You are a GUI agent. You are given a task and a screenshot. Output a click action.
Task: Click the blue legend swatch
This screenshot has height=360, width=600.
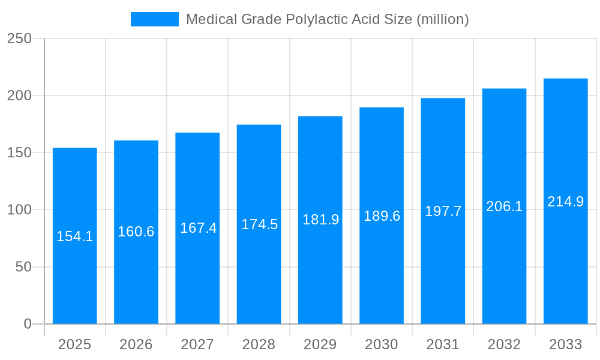tap(155, 19)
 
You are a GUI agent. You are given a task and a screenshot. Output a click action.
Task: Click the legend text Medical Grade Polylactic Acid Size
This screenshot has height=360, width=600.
tap(327, 19)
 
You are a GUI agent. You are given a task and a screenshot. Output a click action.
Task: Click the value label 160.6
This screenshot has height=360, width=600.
tap(136, 232)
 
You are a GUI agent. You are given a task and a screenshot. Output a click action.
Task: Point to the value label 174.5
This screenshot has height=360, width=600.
tap(259, 224)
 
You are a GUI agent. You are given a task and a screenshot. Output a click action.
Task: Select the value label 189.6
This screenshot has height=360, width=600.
tap(382, 216)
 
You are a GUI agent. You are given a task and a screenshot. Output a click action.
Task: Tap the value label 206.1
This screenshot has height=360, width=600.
tap(504, 206)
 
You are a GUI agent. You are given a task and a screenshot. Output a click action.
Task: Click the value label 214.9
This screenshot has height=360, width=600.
tap(566, 202)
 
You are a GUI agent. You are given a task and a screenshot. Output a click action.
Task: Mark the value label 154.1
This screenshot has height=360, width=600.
tap(75, 236)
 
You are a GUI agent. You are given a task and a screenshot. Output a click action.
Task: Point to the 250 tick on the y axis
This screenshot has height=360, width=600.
tap(19, 38)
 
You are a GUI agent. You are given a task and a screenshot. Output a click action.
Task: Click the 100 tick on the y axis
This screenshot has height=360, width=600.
tap(19, 210)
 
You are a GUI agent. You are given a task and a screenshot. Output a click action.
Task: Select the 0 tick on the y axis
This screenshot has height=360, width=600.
tap(28, 324)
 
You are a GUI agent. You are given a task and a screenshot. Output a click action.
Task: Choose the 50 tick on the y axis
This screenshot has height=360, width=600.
tap(23, 267)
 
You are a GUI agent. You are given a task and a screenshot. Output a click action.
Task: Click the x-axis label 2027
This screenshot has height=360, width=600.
tap(197, 344)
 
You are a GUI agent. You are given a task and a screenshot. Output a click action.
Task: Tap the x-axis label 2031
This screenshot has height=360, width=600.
tap(443, 344)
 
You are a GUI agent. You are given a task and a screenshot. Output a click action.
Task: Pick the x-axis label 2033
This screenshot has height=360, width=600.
tap(566, 344)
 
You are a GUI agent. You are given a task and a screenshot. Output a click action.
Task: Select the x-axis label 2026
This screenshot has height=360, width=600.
tap(136, 344)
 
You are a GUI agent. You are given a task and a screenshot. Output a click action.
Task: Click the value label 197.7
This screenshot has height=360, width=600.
tap(443, 211)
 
